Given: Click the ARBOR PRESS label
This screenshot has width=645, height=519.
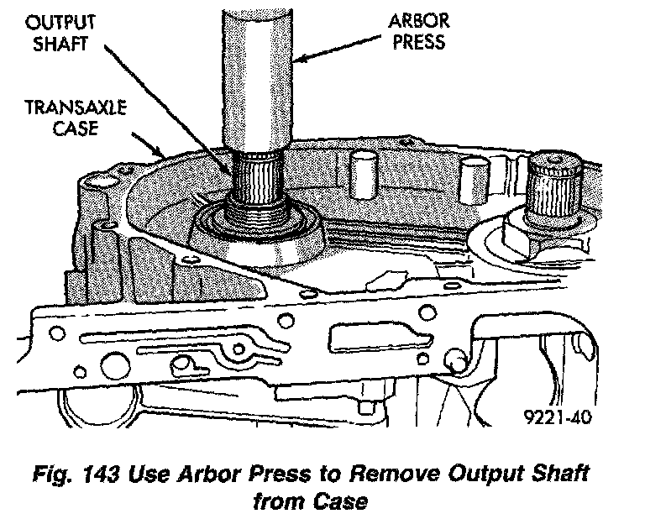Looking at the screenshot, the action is pos(419,32).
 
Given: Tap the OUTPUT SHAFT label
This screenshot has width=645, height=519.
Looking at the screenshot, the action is pos(60,34).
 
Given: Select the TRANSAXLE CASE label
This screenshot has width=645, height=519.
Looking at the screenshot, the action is pos(76,118).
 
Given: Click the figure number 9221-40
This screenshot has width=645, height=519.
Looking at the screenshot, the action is pos(558,417).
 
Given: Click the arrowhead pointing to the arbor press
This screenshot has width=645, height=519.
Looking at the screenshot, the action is pos(300,59).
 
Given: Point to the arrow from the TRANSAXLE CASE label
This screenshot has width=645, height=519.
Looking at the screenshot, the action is pos(149,144).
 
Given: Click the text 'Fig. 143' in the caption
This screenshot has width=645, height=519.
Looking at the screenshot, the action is pos(76,474).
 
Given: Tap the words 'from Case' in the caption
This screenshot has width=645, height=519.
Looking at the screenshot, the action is pos(310,501).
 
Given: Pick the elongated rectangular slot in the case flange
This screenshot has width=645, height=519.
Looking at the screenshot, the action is pos(380,338).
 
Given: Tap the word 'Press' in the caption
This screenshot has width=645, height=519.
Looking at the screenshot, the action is pos(280,474).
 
